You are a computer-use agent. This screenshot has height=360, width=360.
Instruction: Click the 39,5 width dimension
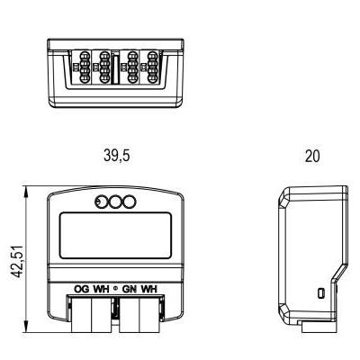(x=117, y=156)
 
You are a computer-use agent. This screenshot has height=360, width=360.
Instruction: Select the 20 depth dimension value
(x=312, y=156)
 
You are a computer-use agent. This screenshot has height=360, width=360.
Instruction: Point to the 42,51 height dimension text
(x=17, y=261)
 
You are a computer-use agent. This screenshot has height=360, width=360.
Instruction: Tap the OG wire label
(x=82, y=289)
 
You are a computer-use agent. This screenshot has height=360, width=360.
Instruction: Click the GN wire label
(x=130, y=289)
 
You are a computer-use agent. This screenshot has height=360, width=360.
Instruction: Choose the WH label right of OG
(x=101, y=289)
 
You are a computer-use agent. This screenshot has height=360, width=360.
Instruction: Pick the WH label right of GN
(x=149, y=289)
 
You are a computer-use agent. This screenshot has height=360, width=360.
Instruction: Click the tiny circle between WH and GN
(x=116, y=289)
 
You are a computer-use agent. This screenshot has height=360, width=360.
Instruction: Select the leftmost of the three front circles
(x=101, y=202)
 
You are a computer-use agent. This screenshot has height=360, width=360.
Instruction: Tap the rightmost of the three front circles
(x=130, y=202)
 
